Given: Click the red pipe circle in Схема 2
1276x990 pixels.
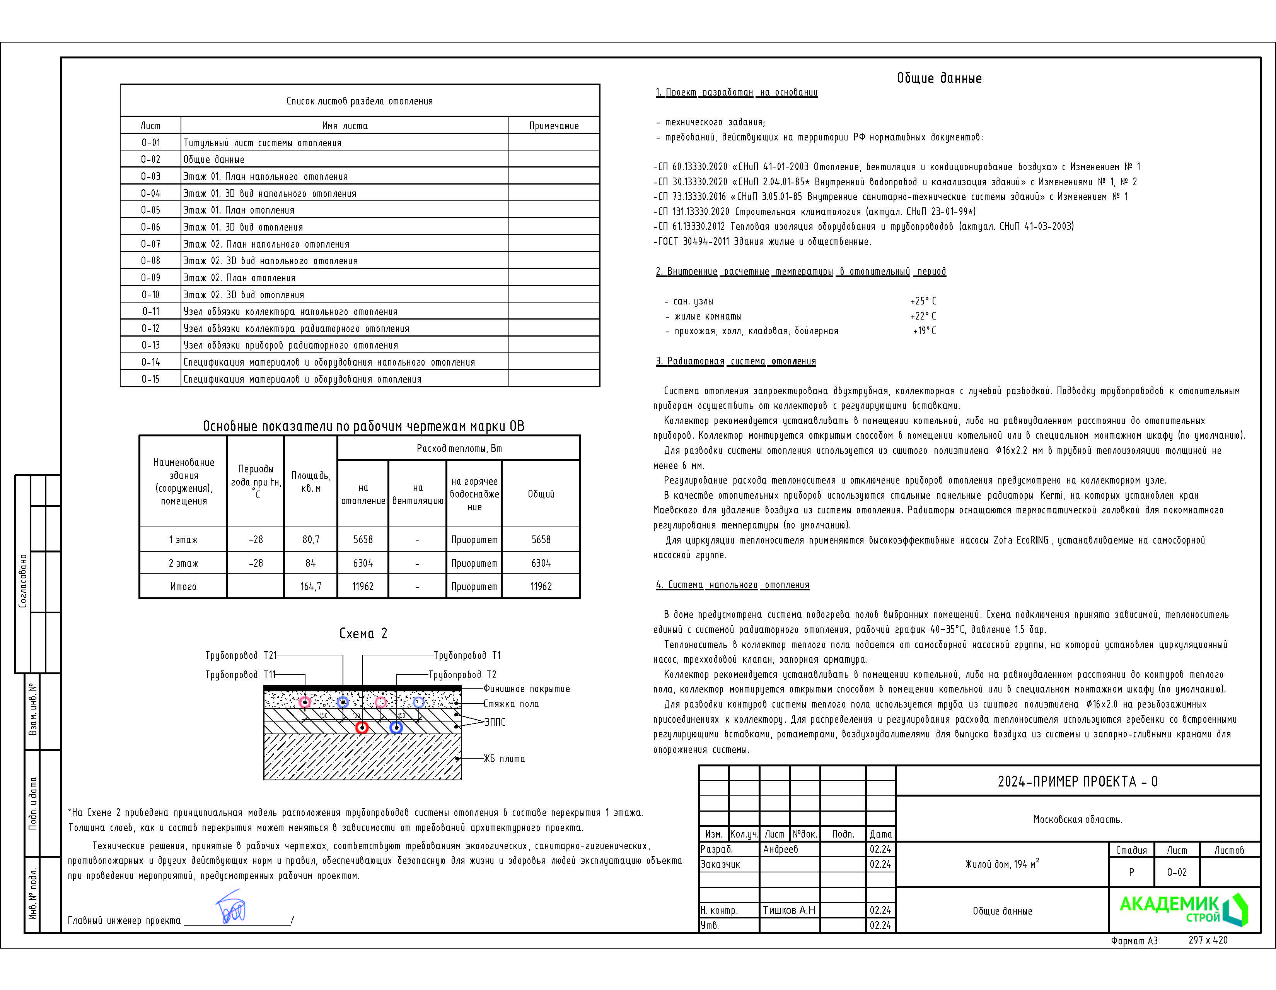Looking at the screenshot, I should [362, 728].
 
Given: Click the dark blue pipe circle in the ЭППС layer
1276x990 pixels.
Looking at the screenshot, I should [396, 728].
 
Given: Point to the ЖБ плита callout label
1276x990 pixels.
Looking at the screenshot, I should [504, 759].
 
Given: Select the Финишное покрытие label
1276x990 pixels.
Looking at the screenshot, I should [526, 689].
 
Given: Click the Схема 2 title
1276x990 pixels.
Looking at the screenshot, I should [363, 634].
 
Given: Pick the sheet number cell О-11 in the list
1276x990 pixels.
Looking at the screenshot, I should [150, 311].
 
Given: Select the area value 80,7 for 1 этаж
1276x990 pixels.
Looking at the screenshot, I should [310, 539].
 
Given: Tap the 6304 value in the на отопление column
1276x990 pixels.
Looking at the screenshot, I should [362, 563].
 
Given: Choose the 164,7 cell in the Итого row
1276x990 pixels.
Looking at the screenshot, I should [310, 586].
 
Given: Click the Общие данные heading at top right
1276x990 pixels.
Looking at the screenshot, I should [939, 78].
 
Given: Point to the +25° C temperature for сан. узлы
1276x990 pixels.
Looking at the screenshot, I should [923, 301].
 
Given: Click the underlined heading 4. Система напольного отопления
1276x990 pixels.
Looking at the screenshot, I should [732, 585].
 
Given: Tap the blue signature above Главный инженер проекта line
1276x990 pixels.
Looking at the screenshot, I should [231, 907].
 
